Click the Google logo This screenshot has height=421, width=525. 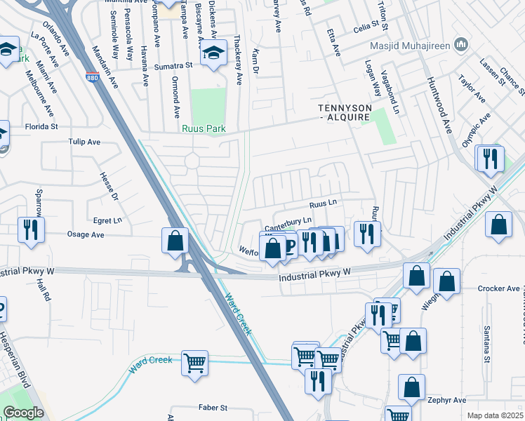pyautogui.click(x=23, y=413)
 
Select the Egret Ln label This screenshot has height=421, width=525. pyautogui.click(x=107, y=220)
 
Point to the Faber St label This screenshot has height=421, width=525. pyautogui.click(x=213, y=408)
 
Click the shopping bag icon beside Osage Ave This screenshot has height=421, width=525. pyautogui.click(x=175, y=241)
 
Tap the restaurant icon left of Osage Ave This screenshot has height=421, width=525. pyautogui.click(x=31, y=229)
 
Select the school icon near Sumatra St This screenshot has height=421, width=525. pyautogui.click(x=213, y=54)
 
